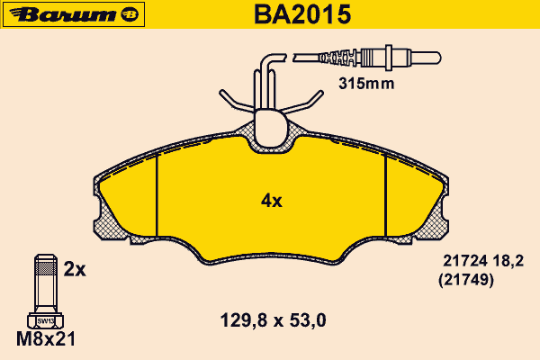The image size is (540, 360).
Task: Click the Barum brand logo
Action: click(74, 14)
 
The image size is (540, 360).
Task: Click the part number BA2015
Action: click(302, 14)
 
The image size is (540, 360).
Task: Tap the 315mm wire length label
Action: click(366, 84)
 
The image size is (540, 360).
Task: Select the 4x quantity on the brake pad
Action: click(272, 201)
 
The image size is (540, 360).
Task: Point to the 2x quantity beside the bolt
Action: click(75, 269)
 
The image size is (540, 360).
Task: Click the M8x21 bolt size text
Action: click(46, 339)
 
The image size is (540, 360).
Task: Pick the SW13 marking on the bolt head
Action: click(46, 321)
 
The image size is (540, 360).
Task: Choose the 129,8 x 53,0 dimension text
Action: click(273, 320)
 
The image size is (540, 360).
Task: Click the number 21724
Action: click(464, 261)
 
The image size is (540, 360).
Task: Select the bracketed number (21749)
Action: click(466, 280)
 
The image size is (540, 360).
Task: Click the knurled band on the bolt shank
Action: click(46, 267)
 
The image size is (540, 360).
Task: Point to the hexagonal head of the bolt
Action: click(46, 320)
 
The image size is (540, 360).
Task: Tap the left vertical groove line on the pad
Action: click(157, 195)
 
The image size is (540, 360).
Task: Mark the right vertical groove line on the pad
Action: click(386, 195)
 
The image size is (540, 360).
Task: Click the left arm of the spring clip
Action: click(237, 102)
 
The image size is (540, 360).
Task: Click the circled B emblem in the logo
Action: click(130, 14)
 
